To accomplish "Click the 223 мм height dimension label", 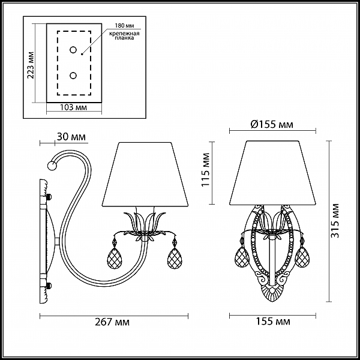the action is pyautogui.click(x=31, y=65).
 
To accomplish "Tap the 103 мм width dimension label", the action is pyautogui.click(x=73, y=107).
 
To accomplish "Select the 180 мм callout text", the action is pyautogui.click(x=124, y=25).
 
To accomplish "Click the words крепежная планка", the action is pyautogui.click(x=124, y=35).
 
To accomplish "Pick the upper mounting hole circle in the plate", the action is pyautogui.click(x=73, y=50).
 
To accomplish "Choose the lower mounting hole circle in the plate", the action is pyautogui.click(x=73, y=76).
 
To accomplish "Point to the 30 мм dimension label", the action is pyautogui.click(x=71, y=137).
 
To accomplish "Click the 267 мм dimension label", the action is pyautogui.click(x=112, y=322).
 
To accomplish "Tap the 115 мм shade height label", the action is pyautogui.click(x=205, y=169).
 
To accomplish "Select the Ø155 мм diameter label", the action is pyautogui.click(x=272, y=124).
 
